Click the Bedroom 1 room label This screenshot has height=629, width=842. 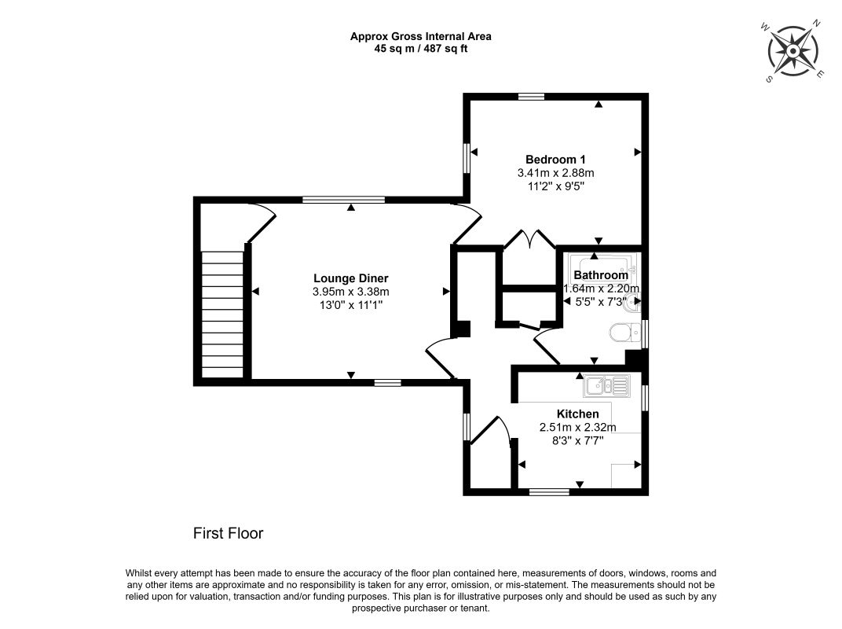coord(555,160)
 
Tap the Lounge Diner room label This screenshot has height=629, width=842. coord(350,278)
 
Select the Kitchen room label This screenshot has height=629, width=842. coord(578,414)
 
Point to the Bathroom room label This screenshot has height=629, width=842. coord(601,275)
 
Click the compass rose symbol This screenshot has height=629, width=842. coord(793,51)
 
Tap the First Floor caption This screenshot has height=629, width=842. coord(229,533)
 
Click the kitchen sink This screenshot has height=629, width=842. coord(607,385)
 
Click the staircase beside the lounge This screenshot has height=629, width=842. coord(222,315)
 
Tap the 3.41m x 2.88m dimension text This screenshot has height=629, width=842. coord(556,173)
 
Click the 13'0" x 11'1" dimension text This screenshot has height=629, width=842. coord(350,305)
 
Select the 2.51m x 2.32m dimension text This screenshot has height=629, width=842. coord(578,428)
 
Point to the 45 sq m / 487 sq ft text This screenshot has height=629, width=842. coord(420,49)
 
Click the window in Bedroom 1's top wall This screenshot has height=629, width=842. coord(532,97)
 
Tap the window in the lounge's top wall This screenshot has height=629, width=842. coord(344,200)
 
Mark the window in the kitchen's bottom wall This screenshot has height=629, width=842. coord(549,491)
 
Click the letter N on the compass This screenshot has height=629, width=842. coord(817,23)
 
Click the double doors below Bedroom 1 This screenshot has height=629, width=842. coord(529,239)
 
